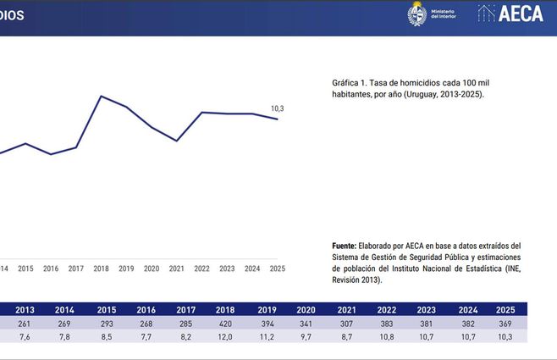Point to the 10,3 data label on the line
point(278,108)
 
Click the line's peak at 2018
point(102,96)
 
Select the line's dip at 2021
point(177,141)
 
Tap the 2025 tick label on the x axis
point(277,269)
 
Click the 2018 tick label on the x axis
point(102,269)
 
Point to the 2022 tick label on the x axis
point(201,269)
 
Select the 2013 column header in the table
point(25,309)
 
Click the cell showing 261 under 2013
point(25,323)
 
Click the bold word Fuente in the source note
point(344,246)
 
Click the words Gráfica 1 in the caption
point(350,84)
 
